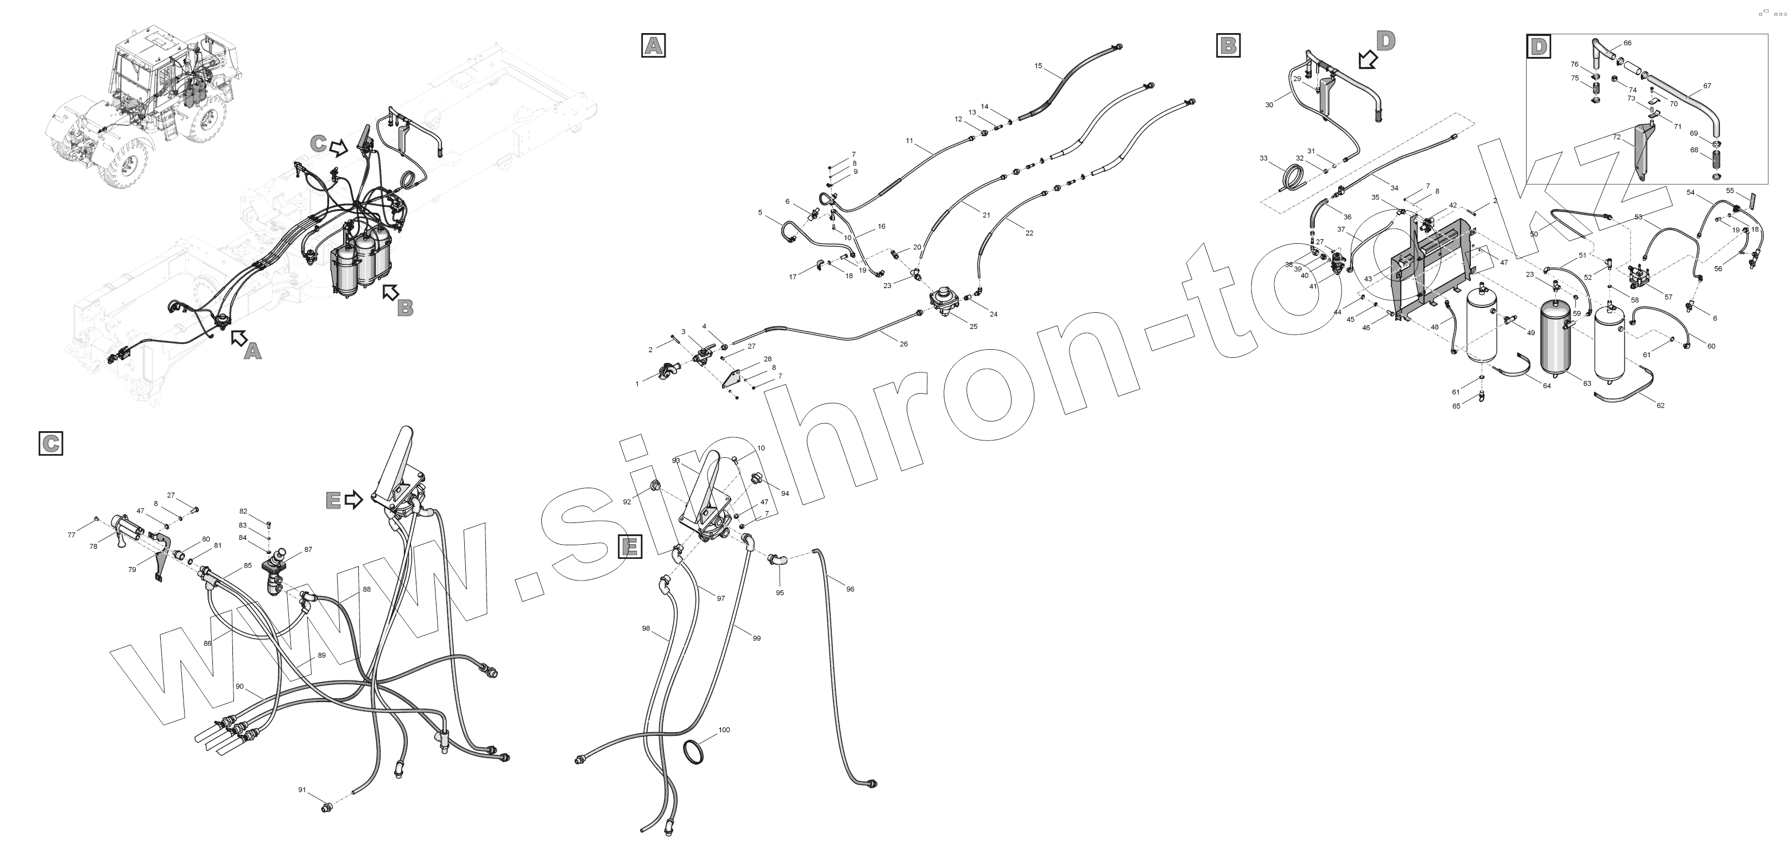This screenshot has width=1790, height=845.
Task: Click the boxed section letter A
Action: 653,45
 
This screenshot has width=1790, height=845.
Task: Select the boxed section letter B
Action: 1229,45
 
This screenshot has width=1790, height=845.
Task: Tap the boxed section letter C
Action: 50,443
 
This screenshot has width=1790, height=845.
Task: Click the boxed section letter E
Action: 630,547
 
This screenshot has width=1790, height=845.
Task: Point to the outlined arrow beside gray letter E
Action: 353,499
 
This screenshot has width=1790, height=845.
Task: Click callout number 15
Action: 1038,66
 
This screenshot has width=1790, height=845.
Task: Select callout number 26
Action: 903,344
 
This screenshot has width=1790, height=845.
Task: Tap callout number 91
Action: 302,790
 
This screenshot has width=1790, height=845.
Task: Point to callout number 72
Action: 1617,137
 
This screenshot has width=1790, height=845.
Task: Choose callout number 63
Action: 1587,383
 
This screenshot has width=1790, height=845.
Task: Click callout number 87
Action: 308,550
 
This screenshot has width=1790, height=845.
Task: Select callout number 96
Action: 850,589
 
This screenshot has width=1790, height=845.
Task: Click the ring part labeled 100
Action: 697,753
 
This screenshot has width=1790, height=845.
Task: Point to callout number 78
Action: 93,546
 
